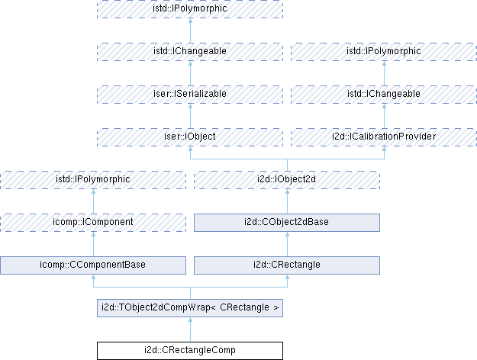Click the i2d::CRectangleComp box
189,351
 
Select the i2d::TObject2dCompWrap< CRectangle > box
189,308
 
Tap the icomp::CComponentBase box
93,265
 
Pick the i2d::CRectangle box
286,265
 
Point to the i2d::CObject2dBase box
286,222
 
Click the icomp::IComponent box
93,222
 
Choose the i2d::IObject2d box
286,179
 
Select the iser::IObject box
189,137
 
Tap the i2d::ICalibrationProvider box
383,137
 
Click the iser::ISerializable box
189,94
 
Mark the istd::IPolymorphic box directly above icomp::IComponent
93,179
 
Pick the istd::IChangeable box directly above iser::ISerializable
189,51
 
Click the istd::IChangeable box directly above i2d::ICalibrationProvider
383,94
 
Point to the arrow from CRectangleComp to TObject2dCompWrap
189,329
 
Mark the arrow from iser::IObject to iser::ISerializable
189,115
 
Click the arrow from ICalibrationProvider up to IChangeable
383,115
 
